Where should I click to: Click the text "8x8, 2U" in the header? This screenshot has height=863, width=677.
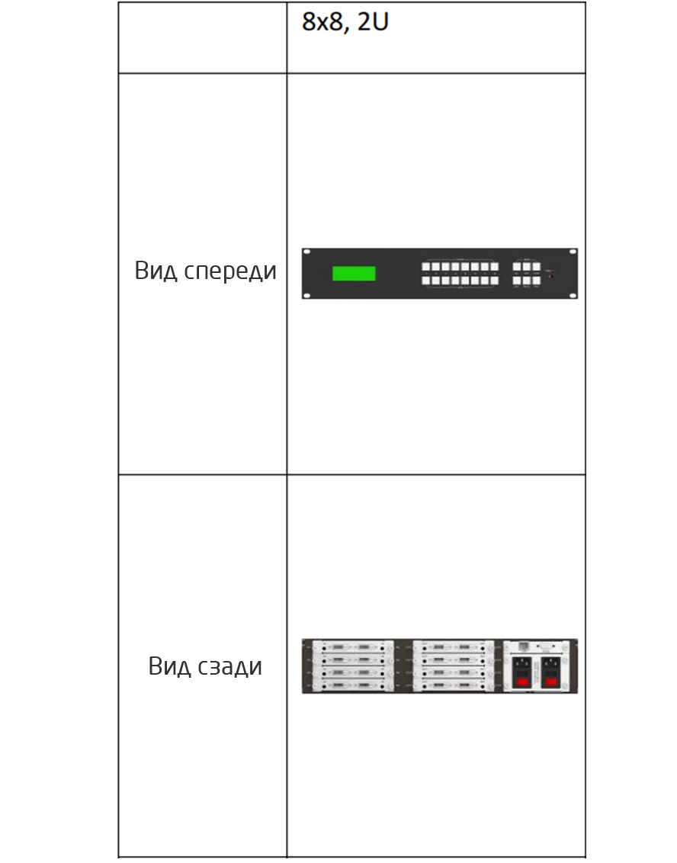pyautogui.click(x=345, y=22)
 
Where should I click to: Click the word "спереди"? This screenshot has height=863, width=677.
pyautogui.click(x=230, y=271)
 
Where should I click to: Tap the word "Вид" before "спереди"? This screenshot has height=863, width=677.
pyautogui.click(x=156, y=271)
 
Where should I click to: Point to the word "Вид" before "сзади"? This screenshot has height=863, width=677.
pyautogui.click(x=169, y=666)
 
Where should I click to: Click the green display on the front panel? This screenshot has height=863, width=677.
pyautogui.click(x=354, y=274)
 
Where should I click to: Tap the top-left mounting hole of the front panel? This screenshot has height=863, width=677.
pyautogui.click(x=307, y=252)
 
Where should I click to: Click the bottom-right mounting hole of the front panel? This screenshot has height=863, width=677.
pyautogui.click(x=573, y=296)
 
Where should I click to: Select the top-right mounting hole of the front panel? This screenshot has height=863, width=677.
pyautogui.click(x=573, y=252)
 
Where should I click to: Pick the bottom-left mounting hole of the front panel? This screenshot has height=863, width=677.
pyautogui.click(x=307, y=296)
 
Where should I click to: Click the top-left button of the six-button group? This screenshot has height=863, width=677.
pyautogui.click(x=517, y=267)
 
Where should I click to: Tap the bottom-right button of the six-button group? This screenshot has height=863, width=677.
pyautogui.click(x=537, y=280)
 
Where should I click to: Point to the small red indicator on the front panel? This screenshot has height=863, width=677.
pyautogui.click(x=549, y=275)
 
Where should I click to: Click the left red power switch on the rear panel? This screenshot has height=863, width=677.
pyautogui.click(x=522, y=682)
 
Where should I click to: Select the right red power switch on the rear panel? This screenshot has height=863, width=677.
pyautogui.click(x=550, y=682)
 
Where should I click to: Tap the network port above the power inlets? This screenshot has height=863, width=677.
pyautogui.click(x=524, y=646)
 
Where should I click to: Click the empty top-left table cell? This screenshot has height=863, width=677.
pyautogui.click(x=203, y=38)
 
